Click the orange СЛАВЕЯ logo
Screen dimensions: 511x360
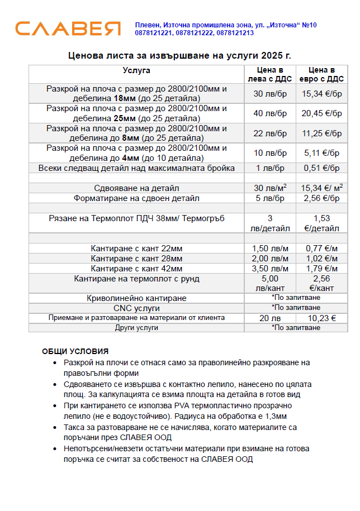point(68,28)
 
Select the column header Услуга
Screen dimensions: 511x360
point(136,70)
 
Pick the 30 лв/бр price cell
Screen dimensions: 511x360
point(270,94)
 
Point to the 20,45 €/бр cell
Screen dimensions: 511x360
point(321,113)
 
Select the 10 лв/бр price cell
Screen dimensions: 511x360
point(270,153)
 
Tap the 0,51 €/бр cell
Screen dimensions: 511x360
point(321,168)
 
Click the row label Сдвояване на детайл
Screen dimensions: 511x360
point(137,188)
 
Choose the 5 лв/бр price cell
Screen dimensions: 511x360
point(270,198)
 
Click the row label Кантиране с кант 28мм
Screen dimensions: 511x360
point(137,259)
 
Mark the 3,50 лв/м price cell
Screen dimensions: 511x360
point(270,269)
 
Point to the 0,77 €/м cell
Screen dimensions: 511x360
point(321,249)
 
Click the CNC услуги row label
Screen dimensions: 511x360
point(137,308)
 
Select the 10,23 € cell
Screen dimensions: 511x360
point(321,318)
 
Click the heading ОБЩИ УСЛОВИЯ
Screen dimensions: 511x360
point(75,351)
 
